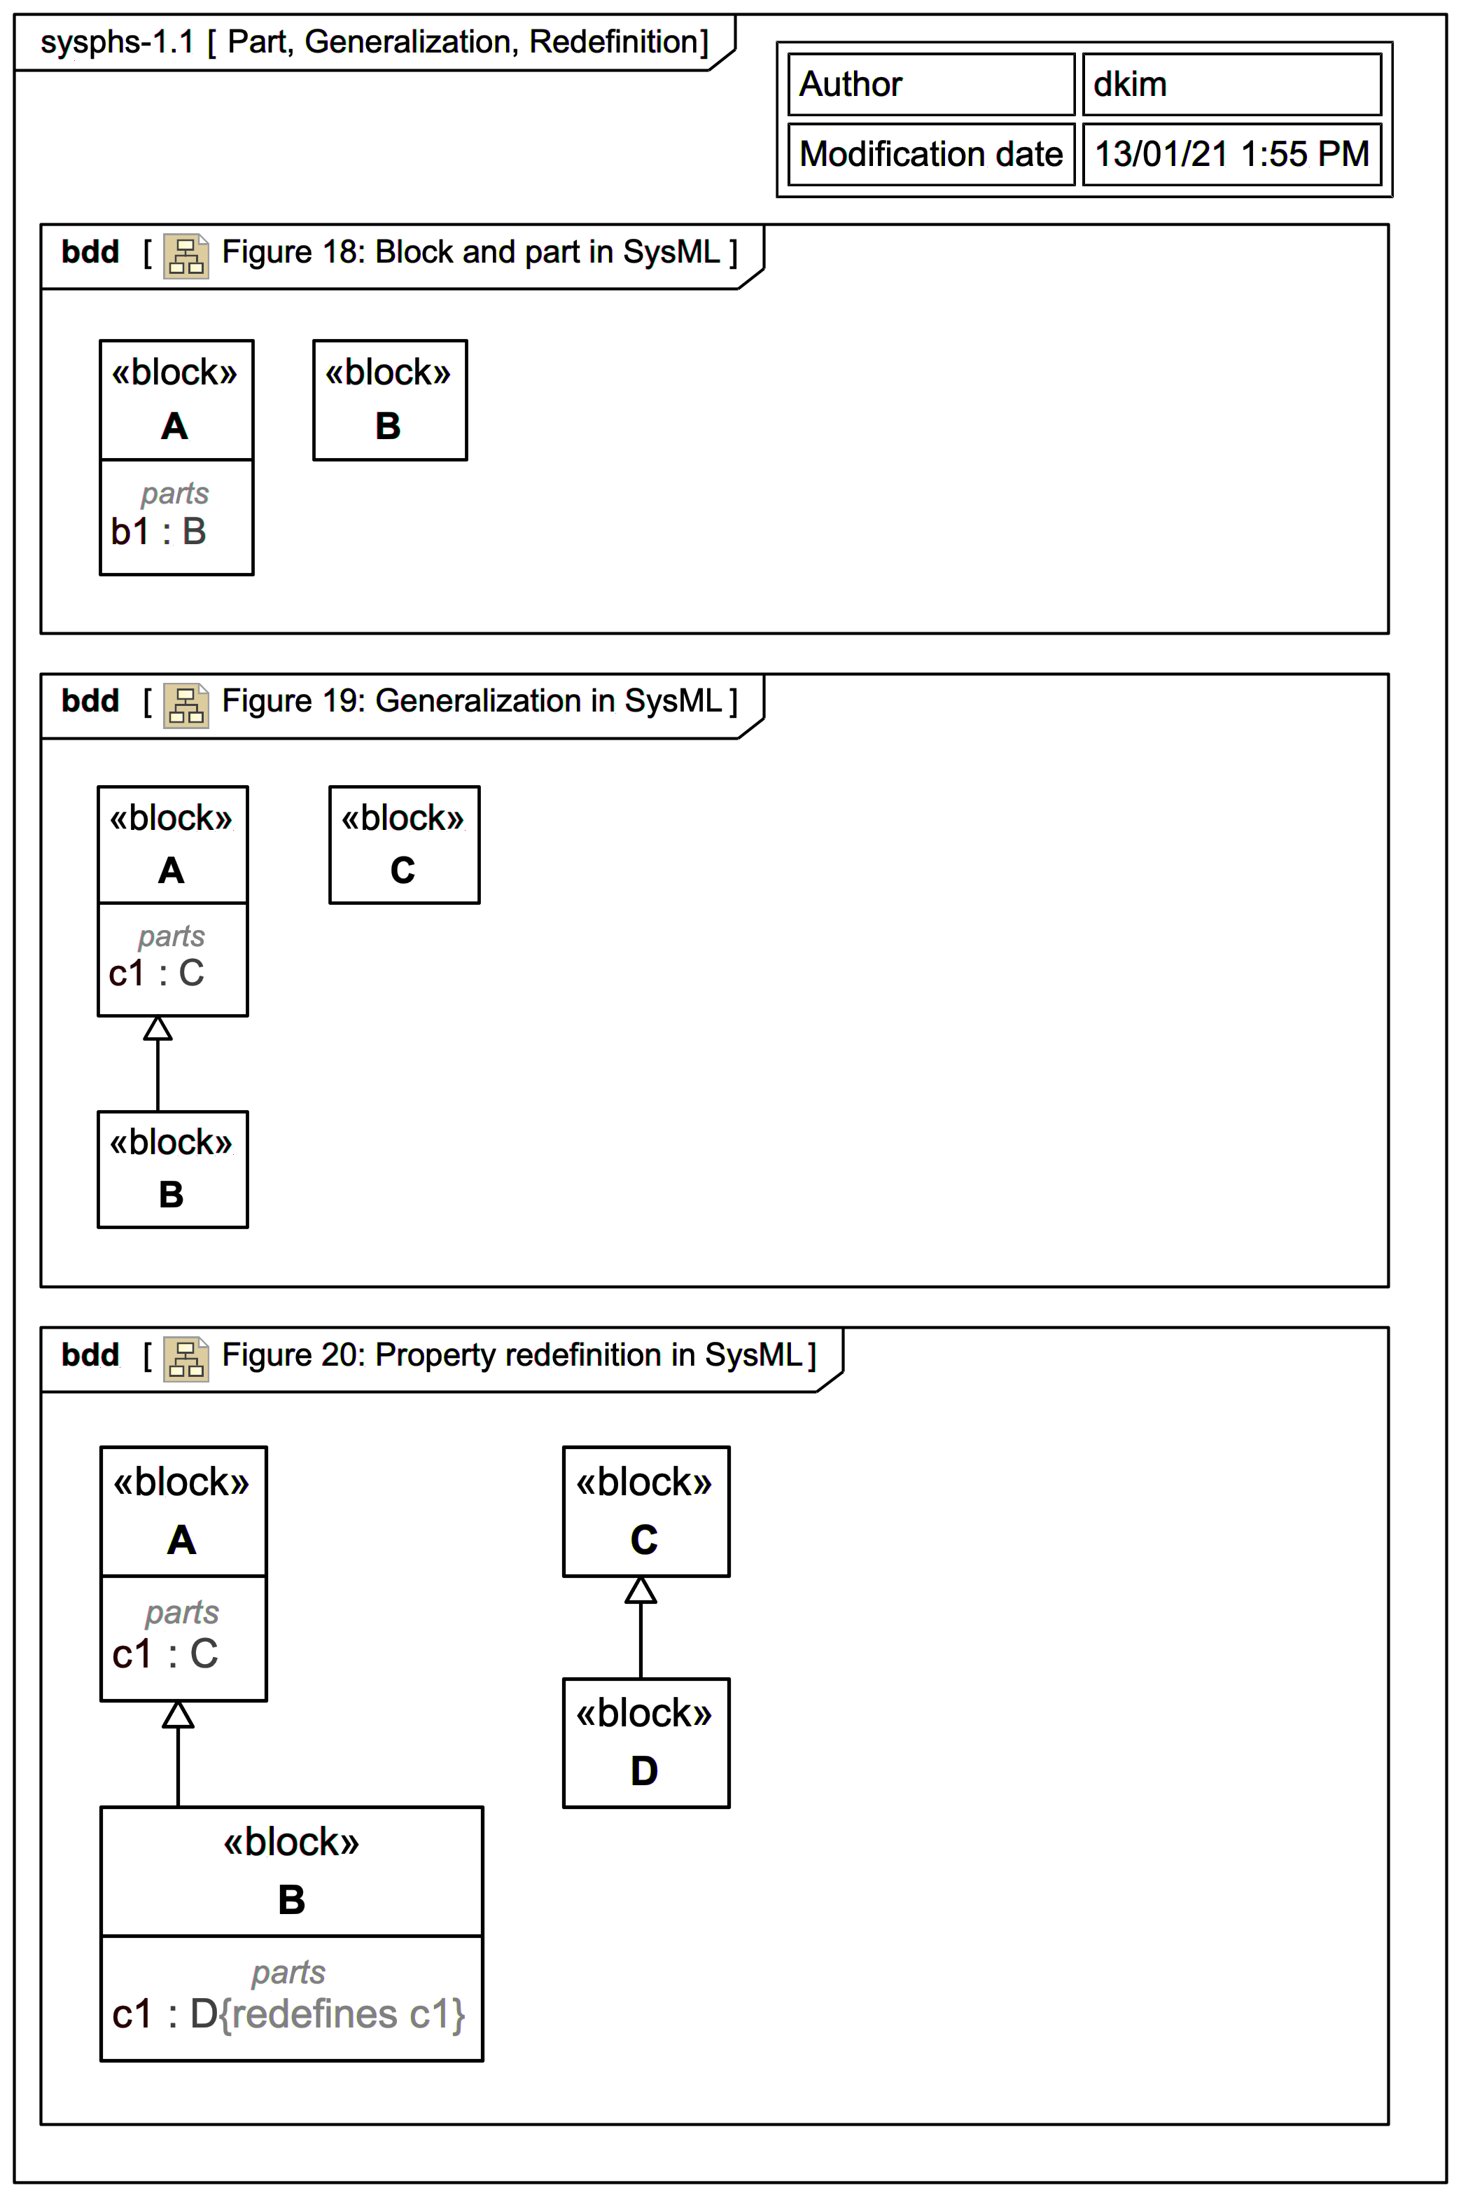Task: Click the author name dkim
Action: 1129,85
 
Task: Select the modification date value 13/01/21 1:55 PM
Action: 1231,154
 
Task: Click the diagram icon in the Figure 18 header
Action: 186,256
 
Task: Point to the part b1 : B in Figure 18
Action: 158,532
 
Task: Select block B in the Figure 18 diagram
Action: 389,400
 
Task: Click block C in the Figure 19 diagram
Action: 403,845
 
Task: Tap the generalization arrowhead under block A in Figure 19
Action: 158,1028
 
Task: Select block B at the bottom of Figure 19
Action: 172,1169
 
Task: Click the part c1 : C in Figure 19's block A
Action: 155,973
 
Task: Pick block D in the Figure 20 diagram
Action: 645,1742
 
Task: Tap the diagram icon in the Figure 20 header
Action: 186,1358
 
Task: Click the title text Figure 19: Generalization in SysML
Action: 471,701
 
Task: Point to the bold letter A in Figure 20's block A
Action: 182,1540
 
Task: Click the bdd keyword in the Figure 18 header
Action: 90,251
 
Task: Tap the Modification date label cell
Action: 930,154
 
